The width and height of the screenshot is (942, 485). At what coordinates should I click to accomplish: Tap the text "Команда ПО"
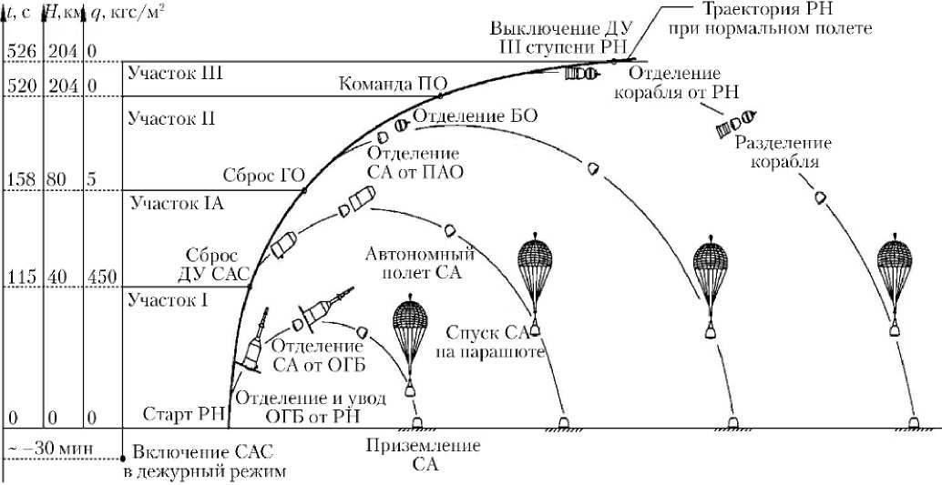386,86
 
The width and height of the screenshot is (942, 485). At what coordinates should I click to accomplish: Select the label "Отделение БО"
476,116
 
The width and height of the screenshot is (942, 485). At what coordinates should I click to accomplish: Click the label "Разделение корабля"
783,153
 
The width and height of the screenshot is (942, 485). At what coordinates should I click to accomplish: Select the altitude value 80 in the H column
56,179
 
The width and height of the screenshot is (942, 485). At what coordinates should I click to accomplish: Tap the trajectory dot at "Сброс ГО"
304,190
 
